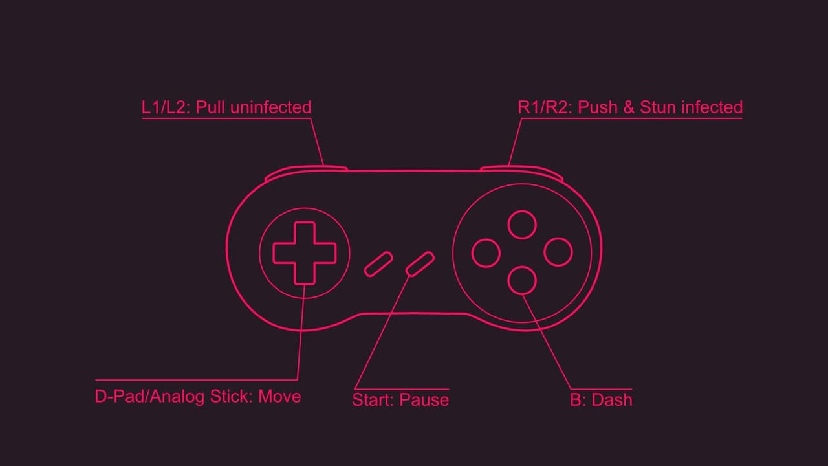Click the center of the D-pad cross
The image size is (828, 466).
[305, 253]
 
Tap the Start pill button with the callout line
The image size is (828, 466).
[420, 263]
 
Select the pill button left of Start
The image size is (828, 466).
[378, 263]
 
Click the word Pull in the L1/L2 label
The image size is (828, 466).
[210, 107]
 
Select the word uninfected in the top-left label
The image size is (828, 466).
[271, 107]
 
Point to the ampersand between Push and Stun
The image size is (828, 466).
[628, 107]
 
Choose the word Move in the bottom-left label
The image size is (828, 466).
[279, 397]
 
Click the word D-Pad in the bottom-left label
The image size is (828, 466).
[120, 397]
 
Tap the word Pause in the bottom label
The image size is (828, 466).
[424, 400]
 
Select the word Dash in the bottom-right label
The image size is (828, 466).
[612, 400]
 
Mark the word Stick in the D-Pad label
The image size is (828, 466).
[231, 397]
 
